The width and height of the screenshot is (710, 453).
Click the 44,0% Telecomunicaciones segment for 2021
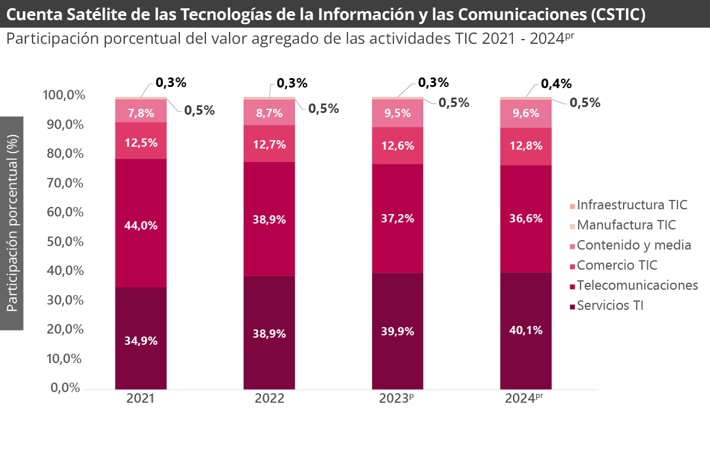tap(141, 225)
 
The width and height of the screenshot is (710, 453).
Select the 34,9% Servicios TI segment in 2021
tap(141, 340)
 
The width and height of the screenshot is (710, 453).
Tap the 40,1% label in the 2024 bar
tap(526, 330)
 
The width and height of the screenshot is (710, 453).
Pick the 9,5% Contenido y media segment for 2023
tap(398, 113)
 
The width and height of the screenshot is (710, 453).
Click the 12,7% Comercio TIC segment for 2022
tap(269, 144)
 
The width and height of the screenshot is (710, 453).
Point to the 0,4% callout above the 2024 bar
tap(556, 83)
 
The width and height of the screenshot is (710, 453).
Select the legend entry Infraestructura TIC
tap(632, 205)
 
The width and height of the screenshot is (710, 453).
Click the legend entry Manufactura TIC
tap(626, 225)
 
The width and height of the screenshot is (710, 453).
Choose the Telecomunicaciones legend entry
tap(637, 286)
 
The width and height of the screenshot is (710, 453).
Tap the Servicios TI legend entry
tap(609, 306)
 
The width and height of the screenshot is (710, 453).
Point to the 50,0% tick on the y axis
tap(62, 242)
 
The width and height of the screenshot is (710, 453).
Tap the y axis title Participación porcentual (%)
tap(12, 223)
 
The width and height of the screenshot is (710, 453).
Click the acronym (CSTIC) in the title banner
tap(617, 14)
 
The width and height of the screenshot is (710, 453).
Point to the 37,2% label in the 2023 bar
tap(398, 218)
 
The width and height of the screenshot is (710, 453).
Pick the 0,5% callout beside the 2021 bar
tap(199, 110)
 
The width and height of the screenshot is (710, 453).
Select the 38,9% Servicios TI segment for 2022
tap(269, 334)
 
